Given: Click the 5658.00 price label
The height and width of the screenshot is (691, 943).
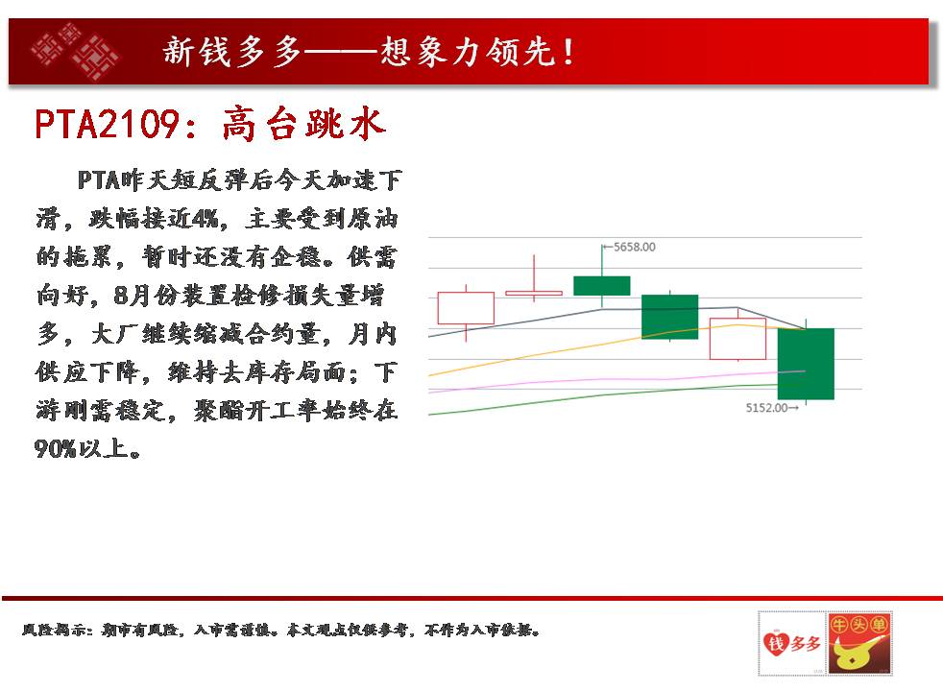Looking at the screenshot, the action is (635, 247).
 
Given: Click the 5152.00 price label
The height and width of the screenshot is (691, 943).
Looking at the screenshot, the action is (767, 408).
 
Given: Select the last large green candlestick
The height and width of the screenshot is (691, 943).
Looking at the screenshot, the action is (806, 364).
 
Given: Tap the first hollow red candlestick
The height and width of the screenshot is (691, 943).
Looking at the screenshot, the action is (466, 308).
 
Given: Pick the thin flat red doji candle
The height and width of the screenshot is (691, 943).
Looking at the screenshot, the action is (534, 294).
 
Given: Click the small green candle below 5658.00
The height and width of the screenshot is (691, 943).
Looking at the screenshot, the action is (602, 286).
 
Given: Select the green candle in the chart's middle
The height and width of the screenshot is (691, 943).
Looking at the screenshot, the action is (670, 317).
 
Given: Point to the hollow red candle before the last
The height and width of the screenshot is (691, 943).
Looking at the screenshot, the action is (737, 339).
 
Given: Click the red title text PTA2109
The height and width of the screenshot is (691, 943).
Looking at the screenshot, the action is (107, 125).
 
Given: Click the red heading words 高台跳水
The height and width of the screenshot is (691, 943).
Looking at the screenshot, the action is (303, 125).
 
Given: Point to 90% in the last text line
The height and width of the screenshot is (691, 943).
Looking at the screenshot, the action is (56, 449).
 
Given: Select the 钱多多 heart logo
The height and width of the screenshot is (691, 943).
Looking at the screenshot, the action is (792, 644).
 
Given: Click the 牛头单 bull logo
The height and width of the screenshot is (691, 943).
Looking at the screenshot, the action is (858, 644).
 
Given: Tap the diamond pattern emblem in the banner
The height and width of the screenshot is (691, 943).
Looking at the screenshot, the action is (75, 51).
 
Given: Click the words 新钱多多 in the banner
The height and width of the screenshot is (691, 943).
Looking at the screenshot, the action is (232, 51).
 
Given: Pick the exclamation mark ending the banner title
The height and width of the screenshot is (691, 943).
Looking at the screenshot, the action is (568, 52).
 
